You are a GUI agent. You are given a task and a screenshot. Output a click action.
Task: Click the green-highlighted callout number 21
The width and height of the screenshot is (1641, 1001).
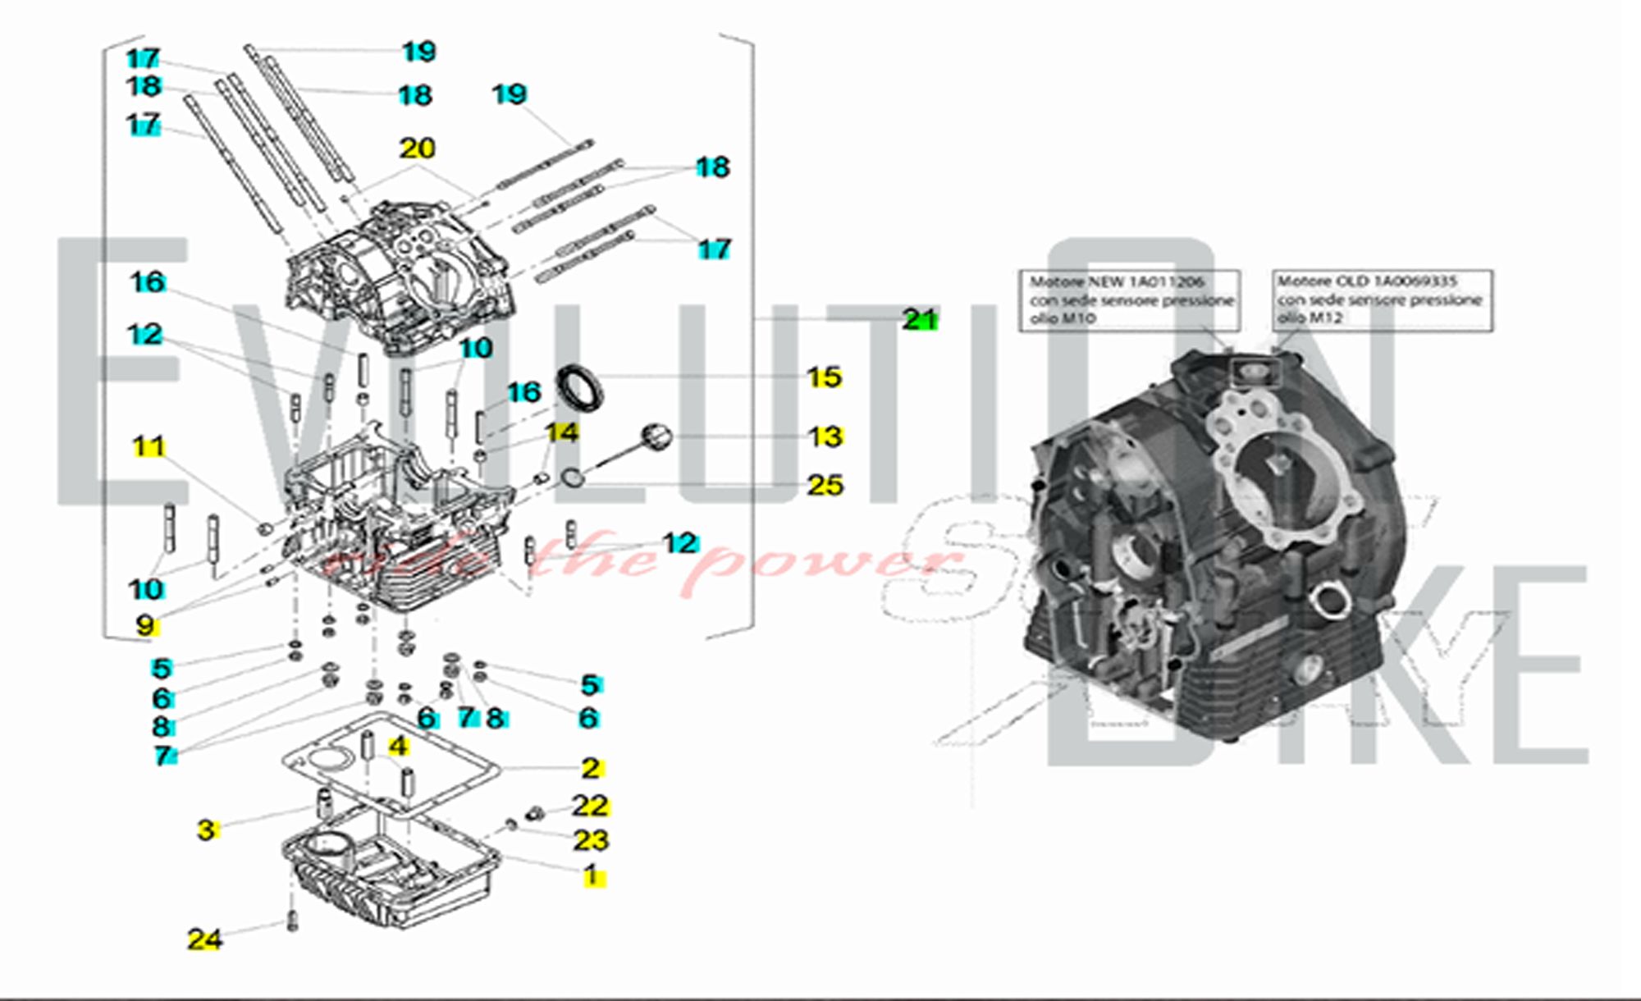[x=920, y=319]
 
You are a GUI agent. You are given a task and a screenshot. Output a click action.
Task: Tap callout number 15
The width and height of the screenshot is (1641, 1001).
[x=824, y=377]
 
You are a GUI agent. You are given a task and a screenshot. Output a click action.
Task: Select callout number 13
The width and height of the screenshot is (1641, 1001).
[x=825, y=437]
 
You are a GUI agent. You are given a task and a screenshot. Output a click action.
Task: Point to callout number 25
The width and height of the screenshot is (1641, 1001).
[x=825, y=485]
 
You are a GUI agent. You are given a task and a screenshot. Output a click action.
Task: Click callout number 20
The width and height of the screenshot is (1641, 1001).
[x=417, y=149]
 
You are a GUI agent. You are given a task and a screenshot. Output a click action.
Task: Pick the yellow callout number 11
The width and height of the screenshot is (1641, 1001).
[x=149, y=447]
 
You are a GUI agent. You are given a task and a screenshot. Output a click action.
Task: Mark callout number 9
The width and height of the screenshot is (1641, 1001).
[x=145, y=625]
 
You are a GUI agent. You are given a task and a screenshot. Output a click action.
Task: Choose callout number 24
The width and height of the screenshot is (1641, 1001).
[x=204, y=939]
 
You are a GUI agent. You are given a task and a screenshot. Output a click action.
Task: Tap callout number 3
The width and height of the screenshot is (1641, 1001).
[x=206, y=830]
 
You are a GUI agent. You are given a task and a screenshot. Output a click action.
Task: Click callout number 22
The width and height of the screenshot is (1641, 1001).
[x=590, y=806]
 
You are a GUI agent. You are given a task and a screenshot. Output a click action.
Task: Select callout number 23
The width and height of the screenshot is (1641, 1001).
[x=590, y=840]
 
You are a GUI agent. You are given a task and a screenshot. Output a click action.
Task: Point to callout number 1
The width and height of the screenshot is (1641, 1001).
[x=591, y=876]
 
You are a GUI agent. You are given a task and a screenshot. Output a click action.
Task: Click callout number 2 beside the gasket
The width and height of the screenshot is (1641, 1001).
[x=591, y=768]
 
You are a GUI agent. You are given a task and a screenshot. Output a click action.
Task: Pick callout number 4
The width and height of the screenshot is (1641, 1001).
[x=398, y=747]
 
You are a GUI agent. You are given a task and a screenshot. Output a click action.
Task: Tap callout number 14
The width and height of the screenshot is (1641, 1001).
[x=562, y=432]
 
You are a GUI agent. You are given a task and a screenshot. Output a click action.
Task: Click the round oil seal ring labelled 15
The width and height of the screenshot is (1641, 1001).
[x=580, y=388]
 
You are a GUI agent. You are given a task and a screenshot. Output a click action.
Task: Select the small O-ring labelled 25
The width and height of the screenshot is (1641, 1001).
[x=572, y=477]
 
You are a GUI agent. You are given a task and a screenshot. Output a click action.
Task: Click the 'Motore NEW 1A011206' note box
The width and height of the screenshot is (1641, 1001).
[x=1129, y=300]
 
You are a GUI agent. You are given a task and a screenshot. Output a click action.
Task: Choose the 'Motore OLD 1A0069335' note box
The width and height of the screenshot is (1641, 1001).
[x=1382, y=300]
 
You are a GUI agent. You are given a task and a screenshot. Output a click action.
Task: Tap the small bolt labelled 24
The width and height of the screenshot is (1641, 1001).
[x=292, y=922]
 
